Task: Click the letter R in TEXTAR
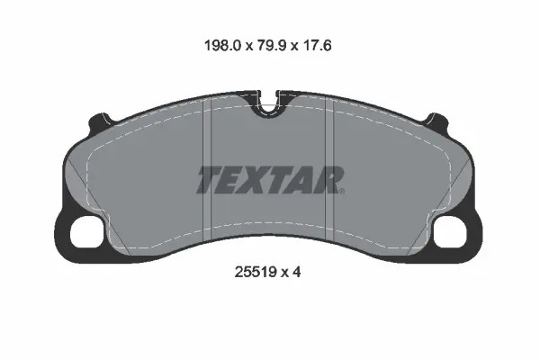pyautogui.click(x=326, y=180)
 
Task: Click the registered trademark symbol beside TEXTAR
pyautogui.click(x=343, y=190)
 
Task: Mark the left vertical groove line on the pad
pyautogui.click(x=207, y=171)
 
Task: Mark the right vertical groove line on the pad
pyautogui.click(x=333, y=171)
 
